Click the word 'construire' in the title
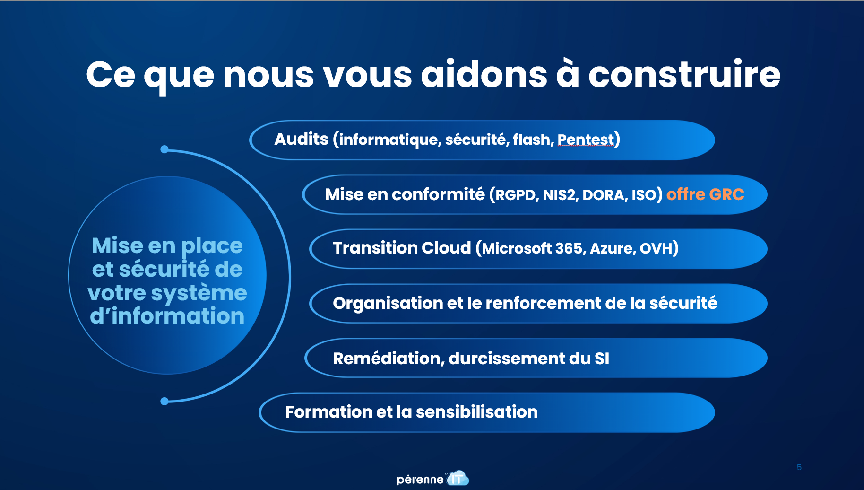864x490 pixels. click(684, 75)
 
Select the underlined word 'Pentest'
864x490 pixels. click(586, 140)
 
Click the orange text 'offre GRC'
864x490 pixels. click(705, 194)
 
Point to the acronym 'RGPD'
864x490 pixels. click(517, 195)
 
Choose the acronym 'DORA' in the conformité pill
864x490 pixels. click(605, 195)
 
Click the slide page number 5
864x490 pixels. click(799, 467)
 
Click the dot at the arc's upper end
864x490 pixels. click(164, 149)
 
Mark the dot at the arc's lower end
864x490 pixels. click(164, 402)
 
